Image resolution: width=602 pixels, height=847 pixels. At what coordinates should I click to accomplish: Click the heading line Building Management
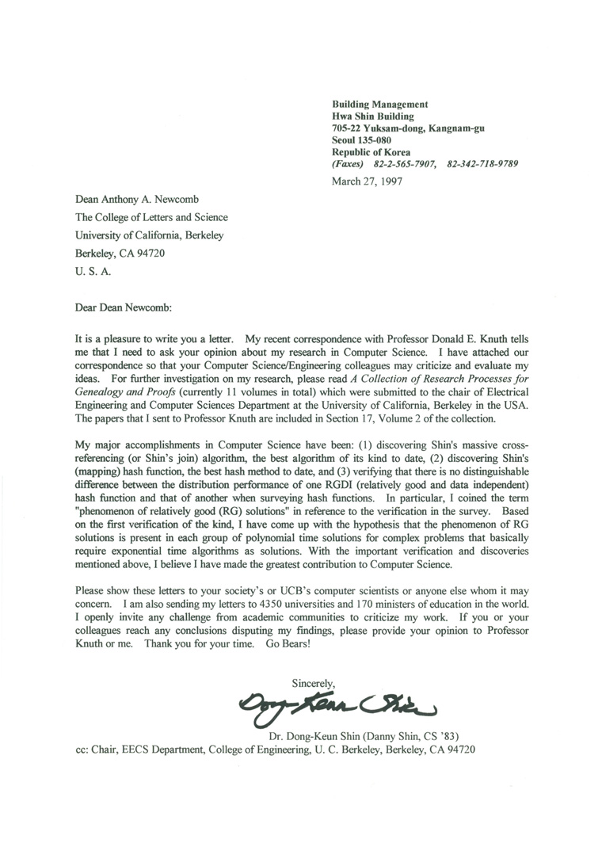tap(380, 104)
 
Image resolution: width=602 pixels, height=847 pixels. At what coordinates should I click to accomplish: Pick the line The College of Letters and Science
tap(151, 217)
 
